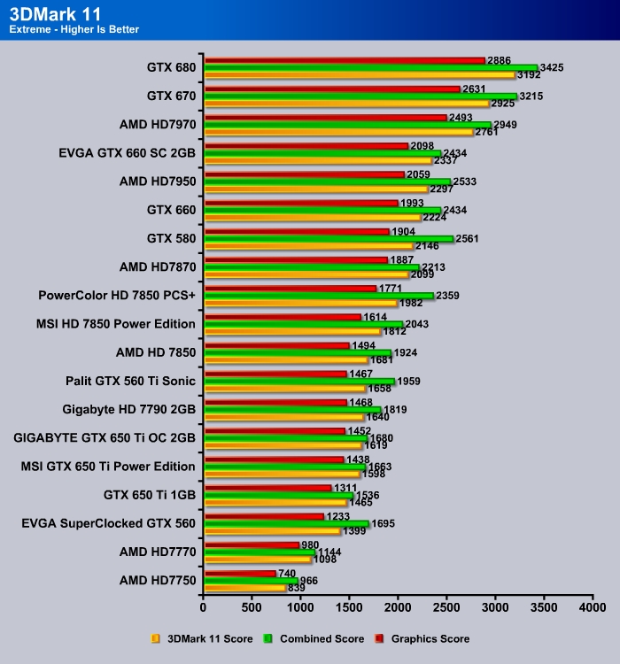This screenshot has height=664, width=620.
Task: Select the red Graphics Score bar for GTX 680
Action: click(345, 60)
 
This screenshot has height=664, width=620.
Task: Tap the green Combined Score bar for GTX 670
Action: click(360, 96)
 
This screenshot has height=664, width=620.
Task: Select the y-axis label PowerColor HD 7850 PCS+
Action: click(117, 296)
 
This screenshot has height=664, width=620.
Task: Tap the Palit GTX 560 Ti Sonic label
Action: click(130, 381)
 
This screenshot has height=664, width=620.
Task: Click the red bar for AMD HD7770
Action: click(252, 544)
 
